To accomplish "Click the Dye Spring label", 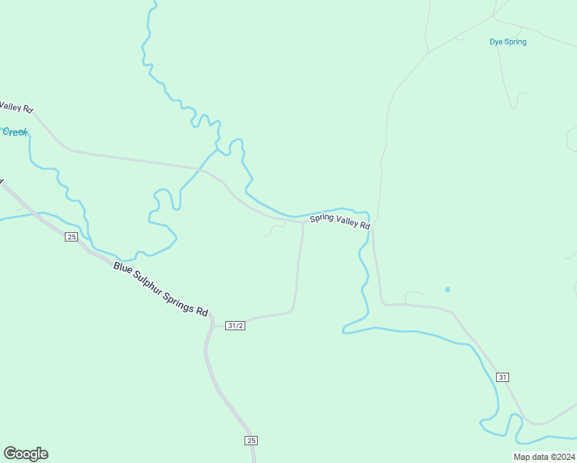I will click(x=508, y=42).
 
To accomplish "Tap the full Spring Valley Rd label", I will click(x=340, y=221).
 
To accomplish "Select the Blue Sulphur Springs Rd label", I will click(x=160, y=289).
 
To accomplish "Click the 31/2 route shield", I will click(x=235, y=326).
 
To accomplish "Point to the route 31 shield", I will click(x=502, y=377).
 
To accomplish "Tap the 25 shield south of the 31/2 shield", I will click(x=251, y=440).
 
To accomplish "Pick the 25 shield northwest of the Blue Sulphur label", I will click(x=71, y=237).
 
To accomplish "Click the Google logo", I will click(x=25, y=454).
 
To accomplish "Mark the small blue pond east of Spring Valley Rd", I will click(x=447, y=289).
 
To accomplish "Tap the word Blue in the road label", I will click(x=123, y=269).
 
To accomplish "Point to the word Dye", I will click(x=496, y=42).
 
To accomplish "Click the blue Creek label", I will click(x=15, y=132).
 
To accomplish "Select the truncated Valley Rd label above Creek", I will click(x=15, y=107).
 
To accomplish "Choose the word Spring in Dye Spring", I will click(x=515, y=42).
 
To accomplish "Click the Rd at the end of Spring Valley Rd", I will click(x=365, y=226).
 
